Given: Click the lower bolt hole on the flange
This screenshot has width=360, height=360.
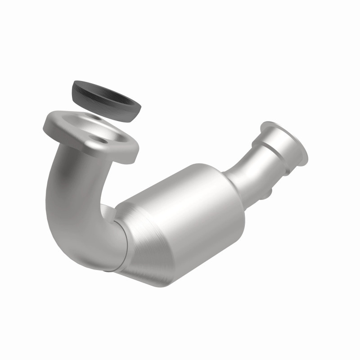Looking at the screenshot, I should coord(104,141).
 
